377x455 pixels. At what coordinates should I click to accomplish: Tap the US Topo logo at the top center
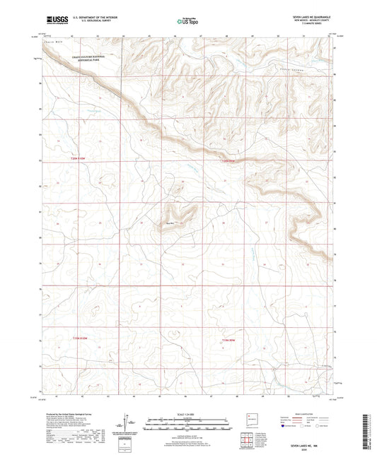click(187, 22)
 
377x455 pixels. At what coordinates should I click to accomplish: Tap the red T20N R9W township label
click(224, 162)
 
